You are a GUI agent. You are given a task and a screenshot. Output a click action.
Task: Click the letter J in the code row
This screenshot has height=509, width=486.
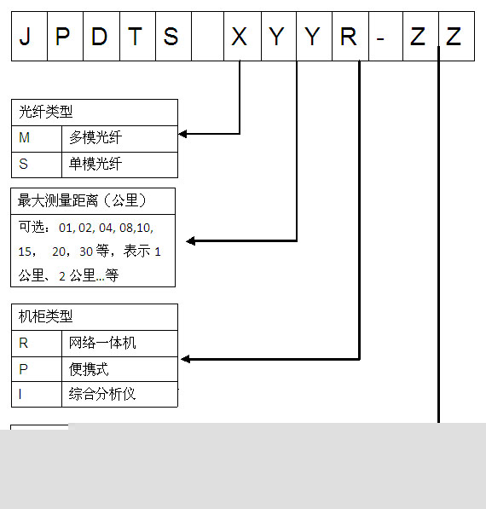(x=25, y=36)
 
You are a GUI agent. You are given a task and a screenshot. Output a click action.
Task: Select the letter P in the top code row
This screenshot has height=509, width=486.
(x=62, y=36)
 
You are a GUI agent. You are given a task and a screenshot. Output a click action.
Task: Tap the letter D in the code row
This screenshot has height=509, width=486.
(x=99, y=36)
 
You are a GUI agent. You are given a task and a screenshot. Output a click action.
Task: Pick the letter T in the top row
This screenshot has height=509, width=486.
(x=135, y=36)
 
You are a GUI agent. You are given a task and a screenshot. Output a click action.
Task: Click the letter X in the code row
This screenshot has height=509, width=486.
(x=240, y=36)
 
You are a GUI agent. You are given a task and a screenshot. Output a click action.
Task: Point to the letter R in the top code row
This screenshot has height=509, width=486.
(x=349, y=36)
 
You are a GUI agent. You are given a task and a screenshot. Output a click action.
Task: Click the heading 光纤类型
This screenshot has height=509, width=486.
(x=45, y=112)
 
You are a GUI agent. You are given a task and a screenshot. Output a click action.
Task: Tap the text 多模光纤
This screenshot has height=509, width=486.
(x=95, y=137)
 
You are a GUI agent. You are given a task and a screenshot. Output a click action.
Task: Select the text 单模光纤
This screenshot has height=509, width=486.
(x=95, y=164)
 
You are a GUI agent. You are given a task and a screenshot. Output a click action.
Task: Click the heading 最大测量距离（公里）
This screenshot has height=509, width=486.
(x=83, y=200)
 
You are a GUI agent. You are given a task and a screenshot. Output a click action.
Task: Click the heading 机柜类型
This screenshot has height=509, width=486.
(x=45, y=316)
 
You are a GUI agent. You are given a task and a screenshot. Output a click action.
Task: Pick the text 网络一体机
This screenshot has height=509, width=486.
(x=102, y=343)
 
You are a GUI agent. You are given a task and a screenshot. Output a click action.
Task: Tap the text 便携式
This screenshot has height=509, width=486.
(x=89, y=369)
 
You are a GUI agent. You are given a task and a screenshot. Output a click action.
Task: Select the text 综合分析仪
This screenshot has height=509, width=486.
(x=102, y=394)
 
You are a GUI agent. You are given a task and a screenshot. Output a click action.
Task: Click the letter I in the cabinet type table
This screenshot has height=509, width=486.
(x=20, y=394)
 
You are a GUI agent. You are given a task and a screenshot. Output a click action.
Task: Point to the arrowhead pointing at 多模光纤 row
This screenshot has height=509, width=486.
(x=182, y=134)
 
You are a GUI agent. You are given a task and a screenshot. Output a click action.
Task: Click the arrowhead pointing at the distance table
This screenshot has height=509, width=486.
(x=191, y=241)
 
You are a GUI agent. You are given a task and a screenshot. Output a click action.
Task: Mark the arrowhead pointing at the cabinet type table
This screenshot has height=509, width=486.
(x=185, y=359)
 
